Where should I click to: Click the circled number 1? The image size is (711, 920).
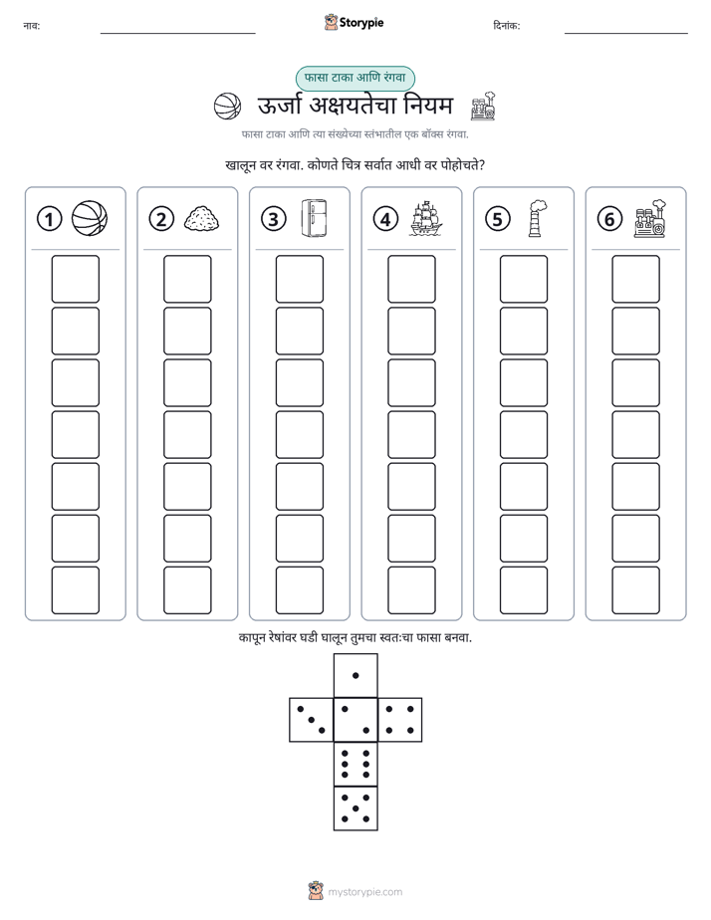click(x=49, y=219)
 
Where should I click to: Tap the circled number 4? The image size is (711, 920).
click(x=385, y=219)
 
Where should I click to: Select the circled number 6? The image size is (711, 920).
click(x=609, y=219)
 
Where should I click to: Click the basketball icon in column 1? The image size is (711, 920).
click(x=90, y=218)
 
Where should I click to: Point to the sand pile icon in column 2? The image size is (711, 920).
click(x=202, y=219)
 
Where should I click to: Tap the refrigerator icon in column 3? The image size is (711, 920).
click(x=314, y=218)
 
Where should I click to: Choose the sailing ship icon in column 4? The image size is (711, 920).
click(x=426, y=218)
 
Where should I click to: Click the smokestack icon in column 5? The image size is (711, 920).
click(x=536, y=218)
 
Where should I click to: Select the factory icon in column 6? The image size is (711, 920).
click(x=650, y=218)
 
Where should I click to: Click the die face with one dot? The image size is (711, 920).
click(x=355, y=675)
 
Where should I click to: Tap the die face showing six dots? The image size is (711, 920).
click(x=355, y=764)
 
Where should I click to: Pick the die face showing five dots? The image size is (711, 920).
click(x=355, y=807)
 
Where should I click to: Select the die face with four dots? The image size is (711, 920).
click(x=400, y=720)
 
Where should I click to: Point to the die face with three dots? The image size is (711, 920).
click(x=312, y=720)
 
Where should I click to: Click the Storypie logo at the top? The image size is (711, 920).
click(x=354, y=23)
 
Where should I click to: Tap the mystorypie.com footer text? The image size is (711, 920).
click(x=364, y=892)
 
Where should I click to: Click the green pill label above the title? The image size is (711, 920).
click(x=355, y=78)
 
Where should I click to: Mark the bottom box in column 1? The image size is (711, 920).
click(x=75, y=590)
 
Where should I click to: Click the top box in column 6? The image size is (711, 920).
click(x=635, y=279)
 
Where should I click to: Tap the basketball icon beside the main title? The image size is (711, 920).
click(x=227, y=107)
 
